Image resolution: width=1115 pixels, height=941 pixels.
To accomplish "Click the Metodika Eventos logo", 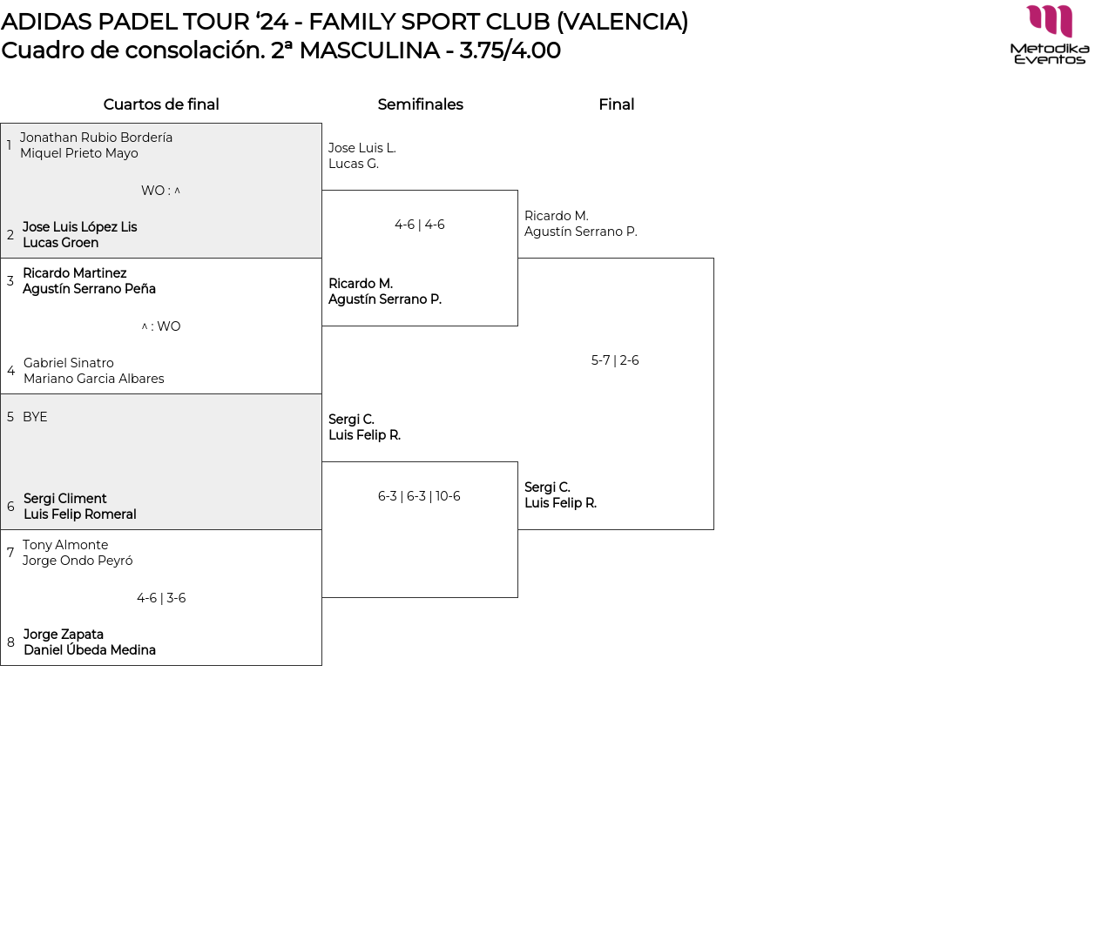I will pos(1050,35).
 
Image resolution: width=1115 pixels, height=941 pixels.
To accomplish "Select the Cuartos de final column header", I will pos(161,104).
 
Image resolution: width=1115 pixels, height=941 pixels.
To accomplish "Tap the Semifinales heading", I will pos(420,104).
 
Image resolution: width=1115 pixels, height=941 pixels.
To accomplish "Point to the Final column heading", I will pos(616,104).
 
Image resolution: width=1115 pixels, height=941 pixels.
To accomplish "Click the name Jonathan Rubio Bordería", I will pos(96,138).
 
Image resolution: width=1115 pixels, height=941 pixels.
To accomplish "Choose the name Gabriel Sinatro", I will pos(69,363).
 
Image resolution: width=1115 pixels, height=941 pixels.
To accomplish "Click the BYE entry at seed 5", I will pos(35,417).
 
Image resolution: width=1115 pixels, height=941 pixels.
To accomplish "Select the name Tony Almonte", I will pos(65,545).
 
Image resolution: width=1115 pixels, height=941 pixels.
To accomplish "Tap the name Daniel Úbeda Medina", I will pos(90,650).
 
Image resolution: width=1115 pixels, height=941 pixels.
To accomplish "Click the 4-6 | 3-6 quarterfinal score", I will pos(161,598).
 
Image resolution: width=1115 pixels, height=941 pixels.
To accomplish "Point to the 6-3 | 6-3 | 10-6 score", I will pos(419,496).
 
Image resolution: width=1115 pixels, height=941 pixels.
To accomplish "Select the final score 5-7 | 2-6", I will pos(615,360).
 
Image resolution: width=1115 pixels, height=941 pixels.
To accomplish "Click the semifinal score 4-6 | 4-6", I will pos(420,225).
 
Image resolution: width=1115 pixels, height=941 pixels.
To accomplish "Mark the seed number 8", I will pos(10,642).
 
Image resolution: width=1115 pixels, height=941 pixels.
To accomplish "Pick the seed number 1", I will pos(9,145).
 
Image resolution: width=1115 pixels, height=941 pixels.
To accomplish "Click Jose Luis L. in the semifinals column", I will pos(362,148).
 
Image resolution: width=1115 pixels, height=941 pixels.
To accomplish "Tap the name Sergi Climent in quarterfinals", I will pos(65,499).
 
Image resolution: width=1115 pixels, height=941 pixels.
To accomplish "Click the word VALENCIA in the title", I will pos(622,22).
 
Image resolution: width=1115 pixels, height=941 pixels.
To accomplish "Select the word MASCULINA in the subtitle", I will pos(369,50).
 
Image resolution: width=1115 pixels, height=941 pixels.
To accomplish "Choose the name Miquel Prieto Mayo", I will pos(79,153).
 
